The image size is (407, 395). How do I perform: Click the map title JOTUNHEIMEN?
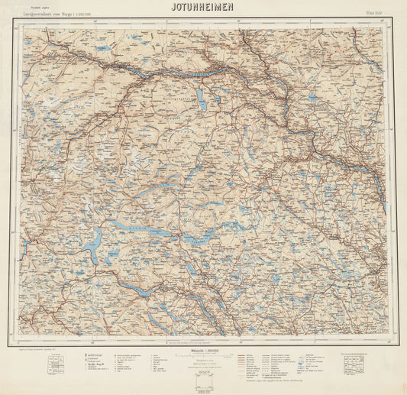click(x=203, y=7)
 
